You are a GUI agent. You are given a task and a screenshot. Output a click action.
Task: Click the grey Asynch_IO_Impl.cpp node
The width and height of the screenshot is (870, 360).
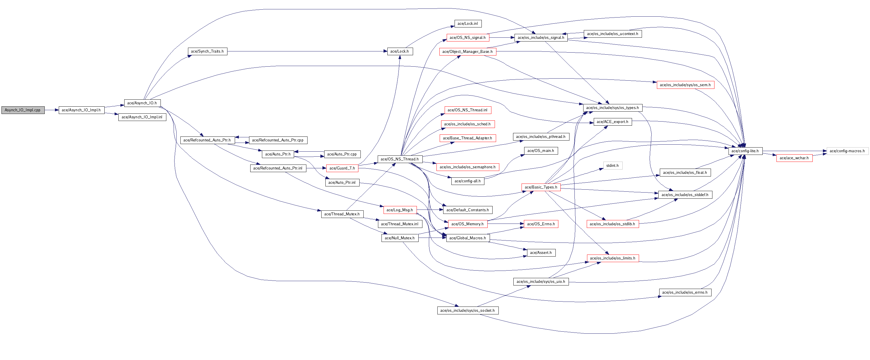point(23,110)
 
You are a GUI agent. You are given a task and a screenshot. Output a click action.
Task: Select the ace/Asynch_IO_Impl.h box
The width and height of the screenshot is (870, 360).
point(81,110)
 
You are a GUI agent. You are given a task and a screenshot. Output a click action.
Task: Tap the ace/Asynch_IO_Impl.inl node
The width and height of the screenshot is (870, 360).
point(142,117)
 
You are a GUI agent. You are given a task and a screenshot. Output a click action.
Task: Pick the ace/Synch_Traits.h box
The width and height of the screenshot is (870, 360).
point(207,51)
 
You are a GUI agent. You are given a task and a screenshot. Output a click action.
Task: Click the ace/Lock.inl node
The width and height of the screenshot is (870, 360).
point(468,24)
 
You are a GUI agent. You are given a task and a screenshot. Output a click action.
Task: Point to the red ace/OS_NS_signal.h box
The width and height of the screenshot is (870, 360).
point(467,37)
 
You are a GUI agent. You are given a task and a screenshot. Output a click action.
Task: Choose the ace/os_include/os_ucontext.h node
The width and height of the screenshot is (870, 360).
point(612,34)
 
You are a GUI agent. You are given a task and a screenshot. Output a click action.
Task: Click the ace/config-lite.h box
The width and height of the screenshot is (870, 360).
point(745,151)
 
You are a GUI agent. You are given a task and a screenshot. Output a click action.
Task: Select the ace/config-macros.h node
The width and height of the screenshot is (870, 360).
point(847,151)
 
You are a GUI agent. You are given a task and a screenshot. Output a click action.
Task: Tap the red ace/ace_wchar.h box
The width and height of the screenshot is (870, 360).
point(794,158)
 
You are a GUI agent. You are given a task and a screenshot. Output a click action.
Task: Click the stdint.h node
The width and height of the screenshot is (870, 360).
point(612,165)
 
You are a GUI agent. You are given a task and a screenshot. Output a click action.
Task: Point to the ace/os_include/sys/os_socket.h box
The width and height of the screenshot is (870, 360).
point(467,310)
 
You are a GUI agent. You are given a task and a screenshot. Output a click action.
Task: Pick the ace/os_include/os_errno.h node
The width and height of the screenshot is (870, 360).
point(685,292)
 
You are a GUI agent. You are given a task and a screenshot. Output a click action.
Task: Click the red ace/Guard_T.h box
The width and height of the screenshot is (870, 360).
point(342,168)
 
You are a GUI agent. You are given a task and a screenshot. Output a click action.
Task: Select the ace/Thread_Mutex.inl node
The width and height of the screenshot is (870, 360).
point(400,224)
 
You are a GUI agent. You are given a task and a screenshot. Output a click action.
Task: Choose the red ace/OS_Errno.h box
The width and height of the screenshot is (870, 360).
point(541,224)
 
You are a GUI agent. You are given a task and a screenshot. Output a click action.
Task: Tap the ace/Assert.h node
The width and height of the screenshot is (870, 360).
point(541,252)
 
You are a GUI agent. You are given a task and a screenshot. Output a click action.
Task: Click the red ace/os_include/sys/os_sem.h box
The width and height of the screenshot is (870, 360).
point(685,85)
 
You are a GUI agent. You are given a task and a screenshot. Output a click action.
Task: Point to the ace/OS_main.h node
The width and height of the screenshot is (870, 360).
point(541,150)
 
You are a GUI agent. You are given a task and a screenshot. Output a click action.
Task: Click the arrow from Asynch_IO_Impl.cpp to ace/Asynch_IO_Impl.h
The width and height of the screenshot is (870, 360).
point(52,110)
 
